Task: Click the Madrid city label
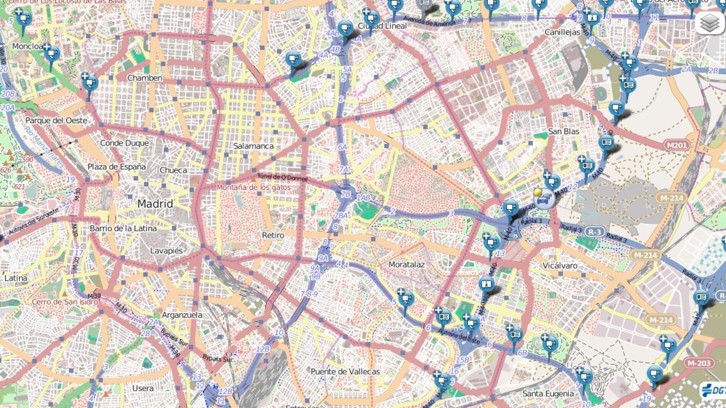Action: (155, 204)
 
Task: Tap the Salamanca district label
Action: (253, 146)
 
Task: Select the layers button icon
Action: (710, 23)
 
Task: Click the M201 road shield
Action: (677, 145)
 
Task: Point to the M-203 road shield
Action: (699, 363)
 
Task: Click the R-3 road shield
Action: (595, 232)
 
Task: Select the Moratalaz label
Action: (407, 264)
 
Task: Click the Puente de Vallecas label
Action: (345, 371)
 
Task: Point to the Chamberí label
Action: (145, 78)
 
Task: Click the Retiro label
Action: (273, 235)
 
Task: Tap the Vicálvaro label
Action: (560, 266)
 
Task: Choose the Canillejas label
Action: (562, 32)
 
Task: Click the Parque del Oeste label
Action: (56, 121)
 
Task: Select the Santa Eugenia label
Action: (548, 393)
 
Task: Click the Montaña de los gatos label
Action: (254, 187)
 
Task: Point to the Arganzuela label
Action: (182, 315)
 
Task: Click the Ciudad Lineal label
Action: (382, 26)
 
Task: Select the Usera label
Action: (143, 388)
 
